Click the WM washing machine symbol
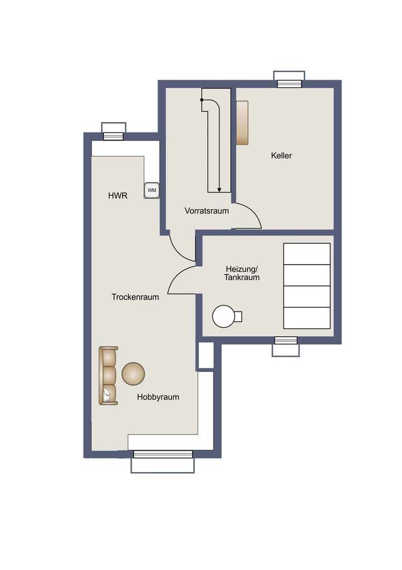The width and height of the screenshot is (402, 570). point(152,191)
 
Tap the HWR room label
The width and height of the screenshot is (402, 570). point(118,196)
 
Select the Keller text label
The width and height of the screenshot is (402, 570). point(281,156)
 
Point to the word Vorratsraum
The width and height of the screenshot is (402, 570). point(207,211)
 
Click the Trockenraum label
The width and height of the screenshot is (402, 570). point(135,297)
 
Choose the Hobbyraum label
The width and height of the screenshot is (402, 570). point(158,397)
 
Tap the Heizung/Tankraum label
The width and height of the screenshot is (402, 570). point(242,272)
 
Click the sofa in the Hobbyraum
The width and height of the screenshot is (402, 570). point(108,375)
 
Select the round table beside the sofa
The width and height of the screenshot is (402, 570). point(133,374)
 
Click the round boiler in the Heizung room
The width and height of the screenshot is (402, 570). point(224,317)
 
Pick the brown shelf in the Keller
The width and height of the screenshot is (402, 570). point(242,123)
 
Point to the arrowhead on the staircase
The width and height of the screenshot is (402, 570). point(219,190)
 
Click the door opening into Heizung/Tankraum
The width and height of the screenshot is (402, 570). point(183,280)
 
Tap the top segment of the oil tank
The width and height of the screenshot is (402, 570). point(307,254)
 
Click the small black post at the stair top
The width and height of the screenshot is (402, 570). point(202,100)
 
